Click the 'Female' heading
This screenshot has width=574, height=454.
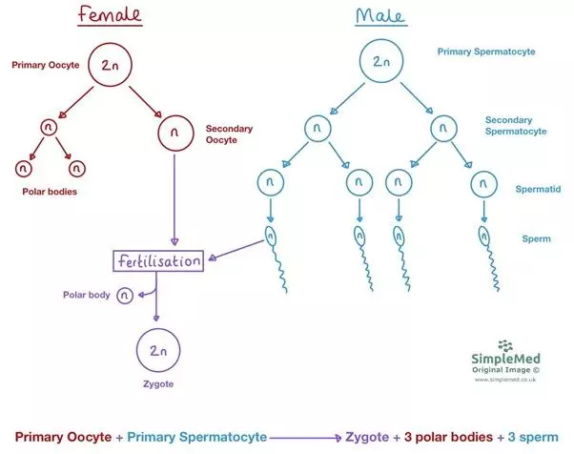(98, 18)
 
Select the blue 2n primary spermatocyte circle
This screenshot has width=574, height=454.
(380, 63)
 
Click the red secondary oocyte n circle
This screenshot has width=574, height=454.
(173, 133)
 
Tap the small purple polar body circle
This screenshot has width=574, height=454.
(125, 297)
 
